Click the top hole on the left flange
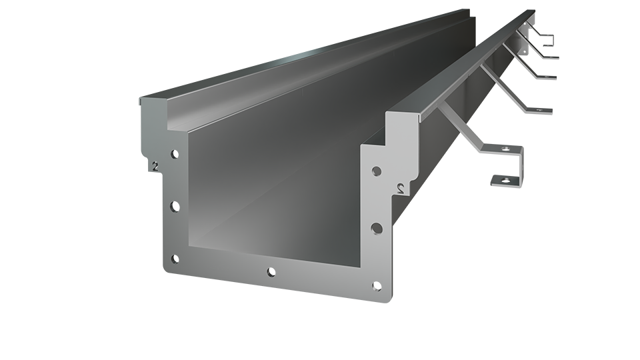coord(174,155)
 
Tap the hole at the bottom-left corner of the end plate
coord(175,259)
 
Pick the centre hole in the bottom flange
coord(271,271)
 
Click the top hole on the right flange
coord(377,171)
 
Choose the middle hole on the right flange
coord(377,228)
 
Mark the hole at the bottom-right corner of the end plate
coord(377,287)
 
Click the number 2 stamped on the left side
coord(155,167)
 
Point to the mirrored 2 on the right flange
coord(400,187)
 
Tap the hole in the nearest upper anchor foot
coord(505,148)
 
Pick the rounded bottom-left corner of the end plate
coord(167,267)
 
